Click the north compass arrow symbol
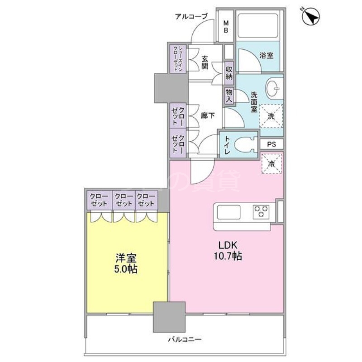click(x=310, y=18)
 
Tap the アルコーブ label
click(x=191, y=17)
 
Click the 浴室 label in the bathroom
click(x=267, y=56)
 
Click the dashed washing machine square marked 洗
click(x=271, y=116)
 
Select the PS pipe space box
click(x=271, y=144)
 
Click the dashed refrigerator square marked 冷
click(x=271, y=163)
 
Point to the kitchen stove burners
click(x=261, y=211)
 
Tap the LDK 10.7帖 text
click(x=229, y=250)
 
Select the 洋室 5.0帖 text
click(x=126, y=264)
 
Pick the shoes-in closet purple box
click(x=176, y=58)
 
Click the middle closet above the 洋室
click(x=123, y=200)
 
